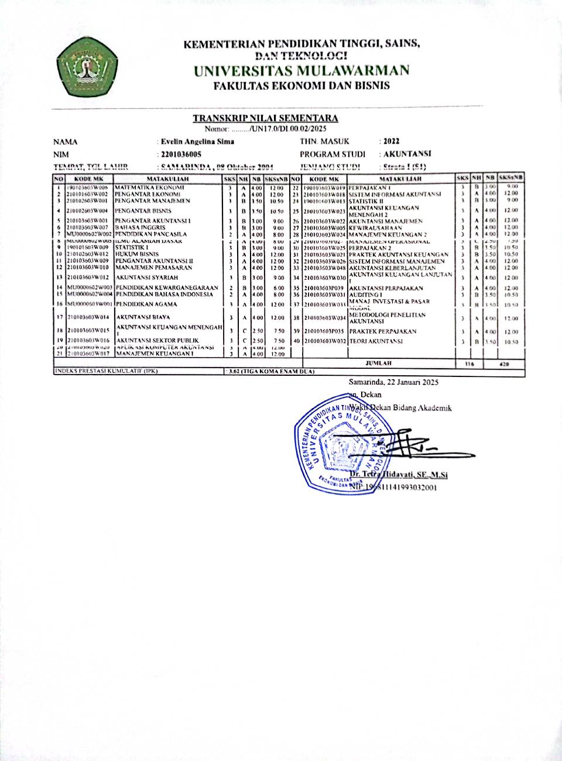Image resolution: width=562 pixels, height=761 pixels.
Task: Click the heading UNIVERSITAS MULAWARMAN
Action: pyautogui.click(x=301, y=71)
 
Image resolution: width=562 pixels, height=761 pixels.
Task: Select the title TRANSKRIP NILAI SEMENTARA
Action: pyautogui.click(x=265, y=118)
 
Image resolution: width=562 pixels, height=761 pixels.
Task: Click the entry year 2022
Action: pyautogui.click(x=392, y=141)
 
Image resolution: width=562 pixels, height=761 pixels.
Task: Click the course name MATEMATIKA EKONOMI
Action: pyautogui.click(x=149, y=187)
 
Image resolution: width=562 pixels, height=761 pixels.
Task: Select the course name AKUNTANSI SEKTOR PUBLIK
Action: pyautogui.click(x=157, y=340)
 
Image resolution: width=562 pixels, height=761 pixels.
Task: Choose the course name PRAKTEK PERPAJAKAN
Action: pyautogui.click(x=383, y=331)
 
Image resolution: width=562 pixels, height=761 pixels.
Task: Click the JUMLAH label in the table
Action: pyautogui.click(x=378, y=364)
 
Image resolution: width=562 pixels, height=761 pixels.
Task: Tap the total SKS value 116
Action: pyautogui.click(x=468, y=364)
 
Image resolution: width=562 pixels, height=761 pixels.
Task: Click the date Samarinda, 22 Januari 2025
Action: pyautogui.click(x=393, y=382)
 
